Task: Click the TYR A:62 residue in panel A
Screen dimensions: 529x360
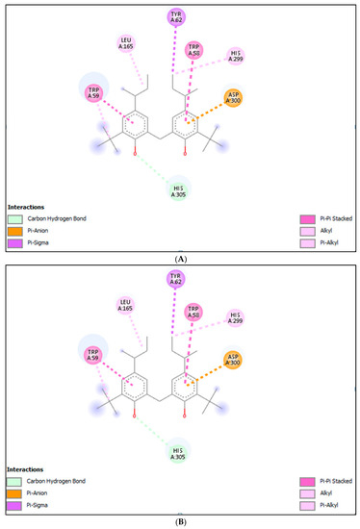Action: click(176, 16)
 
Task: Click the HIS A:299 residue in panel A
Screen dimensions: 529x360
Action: click(236, 56)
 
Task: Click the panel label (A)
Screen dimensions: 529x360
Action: click(180, 259)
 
